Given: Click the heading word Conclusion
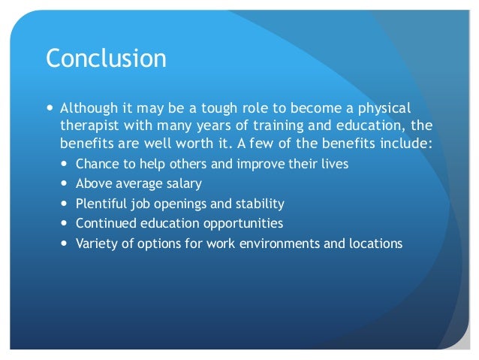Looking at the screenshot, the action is click(106, 58).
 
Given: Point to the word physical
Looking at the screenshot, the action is click(384, 108).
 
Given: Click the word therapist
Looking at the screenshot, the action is click(89, 126).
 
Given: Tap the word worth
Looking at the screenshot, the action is click(194, 143).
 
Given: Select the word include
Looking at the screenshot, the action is click(406, 143).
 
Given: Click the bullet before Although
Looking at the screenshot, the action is click(50, 107).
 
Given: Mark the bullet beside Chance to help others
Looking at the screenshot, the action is click(64, 164).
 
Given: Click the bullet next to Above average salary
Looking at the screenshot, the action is click(64, 183).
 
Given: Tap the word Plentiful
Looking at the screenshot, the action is click(101, 204).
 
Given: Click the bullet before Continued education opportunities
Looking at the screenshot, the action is click(64, 223).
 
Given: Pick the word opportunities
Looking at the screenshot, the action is click(243, 223).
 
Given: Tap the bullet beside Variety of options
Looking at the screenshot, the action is click(64, 244).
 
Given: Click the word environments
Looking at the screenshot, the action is click(279, 244).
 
